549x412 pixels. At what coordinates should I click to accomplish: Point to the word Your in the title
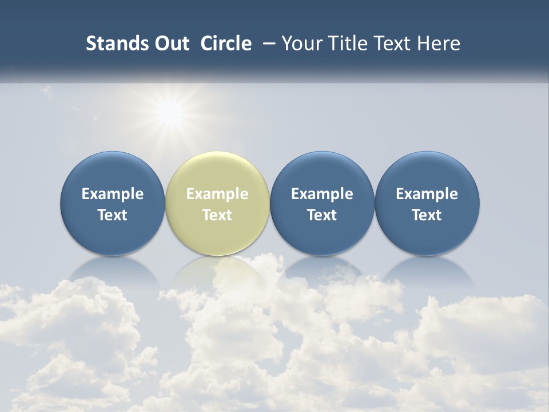[x=299, y=43]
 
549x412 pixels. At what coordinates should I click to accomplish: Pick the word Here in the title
[x=439, y=43]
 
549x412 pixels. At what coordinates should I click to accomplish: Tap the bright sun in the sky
[x=170, y=113]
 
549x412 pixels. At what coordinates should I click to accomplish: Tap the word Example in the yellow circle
[x=217, y=194]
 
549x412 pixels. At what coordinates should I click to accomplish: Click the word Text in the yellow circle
[x=217, y=215]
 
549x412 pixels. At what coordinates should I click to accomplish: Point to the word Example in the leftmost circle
[x=113, y=194]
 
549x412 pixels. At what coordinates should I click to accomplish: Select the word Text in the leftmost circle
[x=113, y=215]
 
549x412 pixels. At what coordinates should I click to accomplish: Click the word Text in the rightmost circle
[x=427, y=215]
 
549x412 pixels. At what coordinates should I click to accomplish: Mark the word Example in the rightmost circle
[x=427, y=194]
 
